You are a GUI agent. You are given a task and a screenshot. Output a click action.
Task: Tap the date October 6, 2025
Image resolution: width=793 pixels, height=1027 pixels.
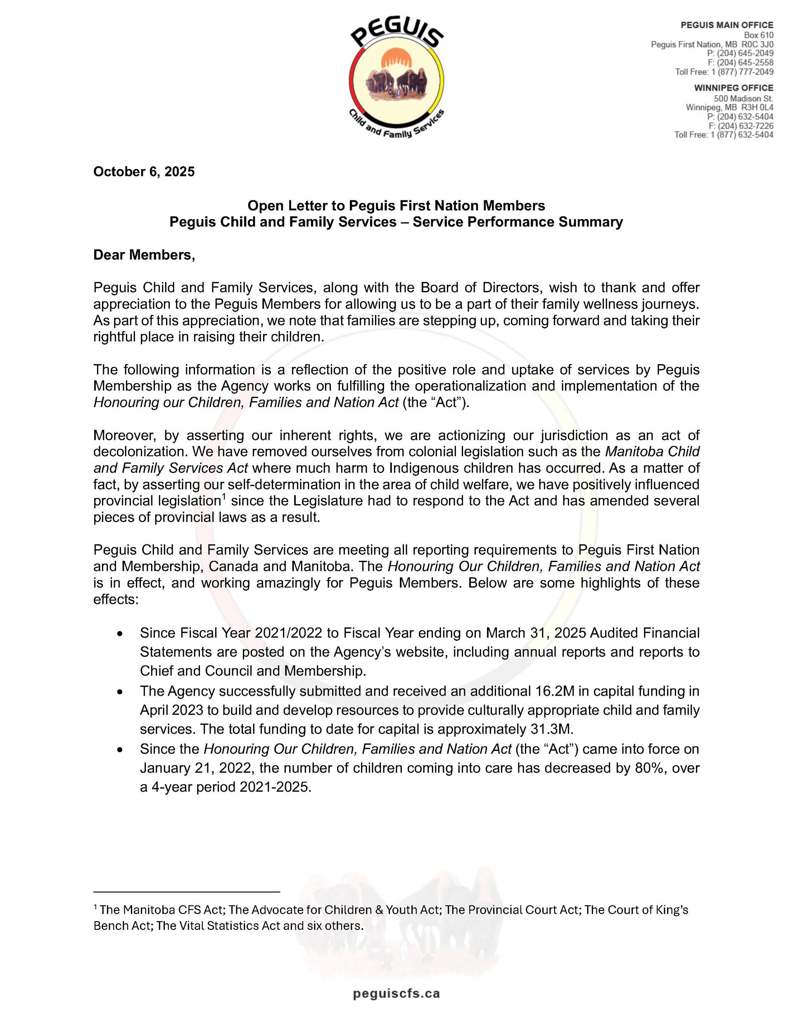click(x=144, y=172)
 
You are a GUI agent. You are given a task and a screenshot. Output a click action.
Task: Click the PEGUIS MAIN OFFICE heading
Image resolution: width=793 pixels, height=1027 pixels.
click(x=727, y=25)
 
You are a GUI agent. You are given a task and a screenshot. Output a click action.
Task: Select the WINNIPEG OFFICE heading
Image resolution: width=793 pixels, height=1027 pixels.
click(x=733, y=88)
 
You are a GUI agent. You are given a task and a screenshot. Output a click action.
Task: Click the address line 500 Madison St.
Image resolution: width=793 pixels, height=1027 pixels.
click(x=743, y=99)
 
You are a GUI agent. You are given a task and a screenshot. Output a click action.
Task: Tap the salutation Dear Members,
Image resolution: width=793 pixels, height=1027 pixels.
click(x=144, y=255)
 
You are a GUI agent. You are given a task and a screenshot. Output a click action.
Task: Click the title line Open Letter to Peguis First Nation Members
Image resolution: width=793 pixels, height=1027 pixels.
click(x=396, y=205)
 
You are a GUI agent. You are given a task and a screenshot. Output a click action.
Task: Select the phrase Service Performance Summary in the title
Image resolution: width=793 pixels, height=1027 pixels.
click(x=518, y=222)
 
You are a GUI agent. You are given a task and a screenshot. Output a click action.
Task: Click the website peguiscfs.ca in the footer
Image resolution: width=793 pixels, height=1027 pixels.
click(x=396, y=994)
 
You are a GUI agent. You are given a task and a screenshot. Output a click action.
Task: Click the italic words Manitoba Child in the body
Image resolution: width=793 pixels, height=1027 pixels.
click(x=652, y=451)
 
